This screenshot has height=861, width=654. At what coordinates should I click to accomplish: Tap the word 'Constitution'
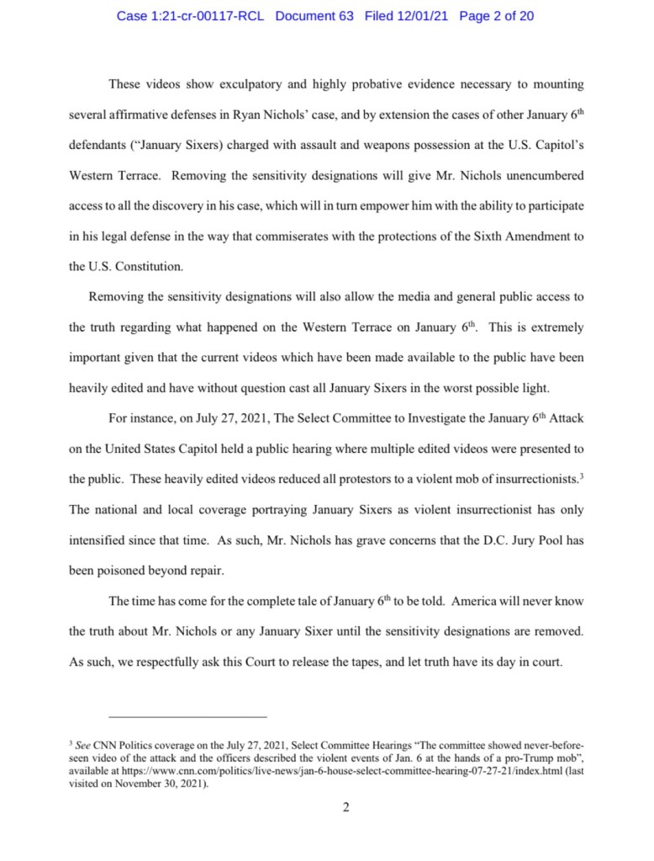tap(139, 267)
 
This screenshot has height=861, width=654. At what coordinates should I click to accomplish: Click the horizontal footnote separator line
tap(167, 716)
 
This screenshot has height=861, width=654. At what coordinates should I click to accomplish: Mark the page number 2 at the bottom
tap(345, 808)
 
